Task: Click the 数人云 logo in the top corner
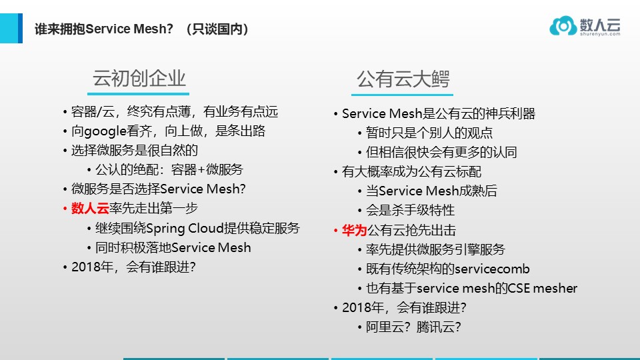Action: point(585,26)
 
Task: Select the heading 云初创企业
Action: point(139,79)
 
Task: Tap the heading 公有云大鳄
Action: point(403,79)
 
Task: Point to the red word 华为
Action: point(354,230)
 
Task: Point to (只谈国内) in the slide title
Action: point(218,29)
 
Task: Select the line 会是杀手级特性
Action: point(410,210)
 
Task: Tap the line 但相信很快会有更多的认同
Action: point(441,152)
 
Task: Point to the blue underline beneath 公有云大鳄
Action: point(403,95)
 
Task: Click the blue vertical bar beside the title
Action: point(20,28)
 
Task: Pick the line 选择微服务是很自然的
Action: point(135,150)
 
